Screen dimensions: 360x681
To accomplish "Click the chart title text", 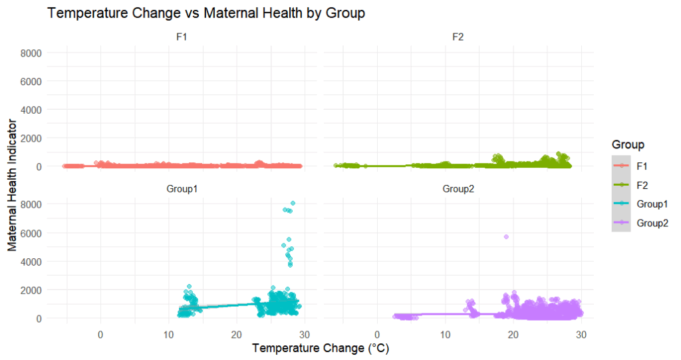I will coord(206,13).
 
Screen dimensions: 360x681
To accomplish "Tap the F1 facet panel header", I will coord(182,37).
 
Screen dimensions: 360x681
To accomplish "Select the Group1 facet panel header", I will coord(182,189).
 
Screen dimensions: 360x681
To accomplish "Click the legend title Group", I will coord(628,144).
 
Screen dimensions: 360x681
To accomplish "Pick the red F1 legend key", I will coord(621,165).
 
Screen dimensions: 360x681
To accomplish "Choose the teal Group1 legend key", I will coord(621,204).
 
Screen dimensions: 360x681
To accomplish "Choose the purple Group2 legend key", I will coord(621,223).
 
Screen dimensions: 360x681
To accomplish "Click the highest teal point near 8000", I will coord(293,203).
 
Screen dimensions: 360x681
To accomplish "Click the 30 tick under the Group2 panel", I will coord(581,335).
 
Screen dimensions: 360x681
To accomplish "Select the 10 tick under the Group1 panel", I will coord(168,335).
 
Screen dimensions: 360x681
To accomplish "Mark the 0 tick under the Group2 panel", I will coord(377,335).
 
